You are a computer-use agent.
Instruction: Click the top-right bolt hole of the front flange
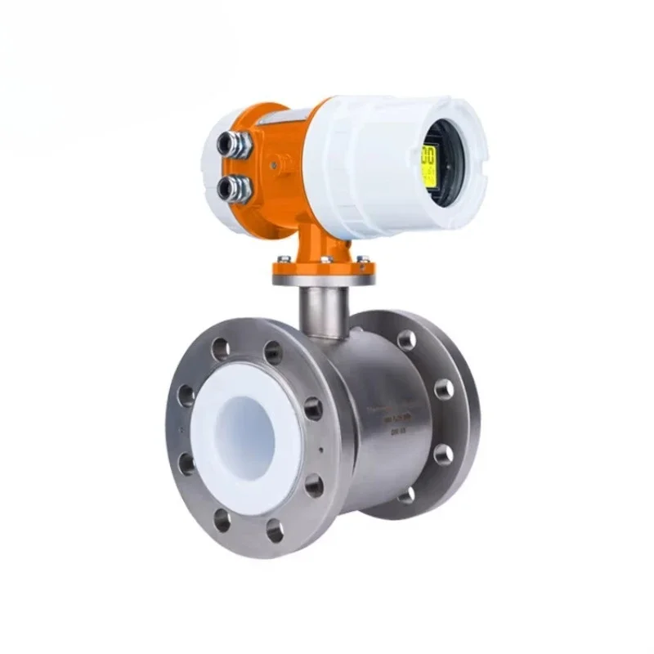pyautogui.click(x=273, y=353)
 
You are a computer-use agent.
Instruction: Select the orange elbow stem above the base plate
pyautogui.click(x=315, y=237)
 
